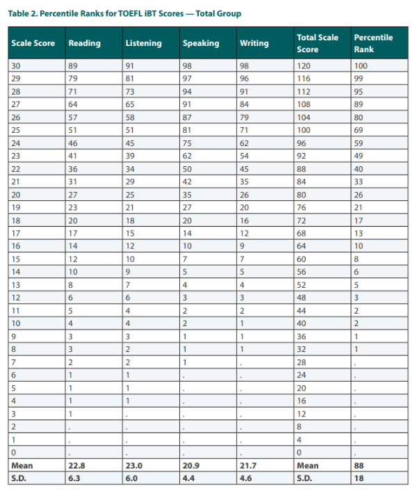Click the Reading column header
coord(84,43)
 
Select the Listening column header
coord(142,43)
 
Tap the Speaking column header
coord(201,43)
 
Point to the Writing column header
coord(254,43)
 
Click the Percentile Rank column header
coord(373,43)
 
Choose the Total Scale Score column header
coord(317,43)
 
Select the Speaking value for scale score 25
coord(188,129)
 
